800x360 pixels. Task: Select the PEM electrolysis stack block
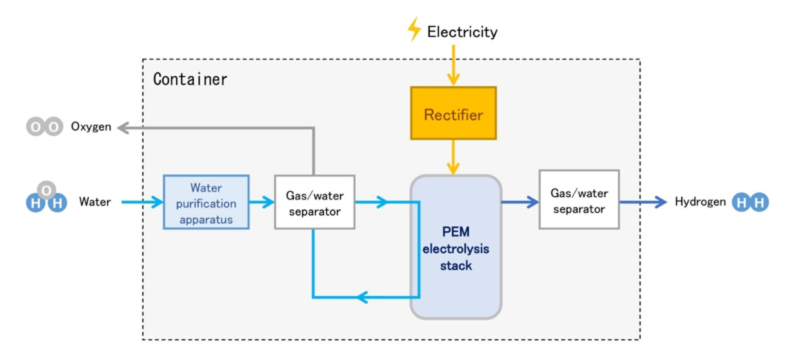(x=456, y=247)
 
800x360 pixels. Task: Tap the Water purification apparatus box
(x=206, y=202)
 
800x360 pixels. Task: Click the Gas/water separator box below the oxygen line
(x=314, y=202)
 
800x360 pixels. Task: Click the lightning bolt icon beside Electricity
(x=414, y=29)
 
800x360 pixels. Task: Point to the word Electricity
(x=462, y=32)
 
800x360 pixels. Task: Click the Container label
(x=190, y=80)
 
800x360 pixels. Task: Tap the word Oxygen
(x=91, y=127)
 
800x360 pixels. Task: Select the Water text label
(x=95, y=202)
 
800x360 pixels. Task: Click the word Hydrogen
(x=700, y=202)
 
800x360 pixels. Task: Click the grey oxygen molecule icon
(x=44, y=127)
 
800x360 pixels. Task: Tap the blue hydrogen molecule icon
(x=750, y=202)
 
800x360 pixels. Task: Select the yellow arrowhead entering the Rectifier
(x=453, y=79)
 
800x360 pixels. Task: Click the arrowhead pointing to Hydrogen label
(x=661, y=202)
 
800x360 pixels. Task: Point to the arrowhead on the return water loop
(x=362, y=297)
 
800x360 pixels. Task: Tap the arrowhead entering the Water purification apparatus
(x=156, y=202)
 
